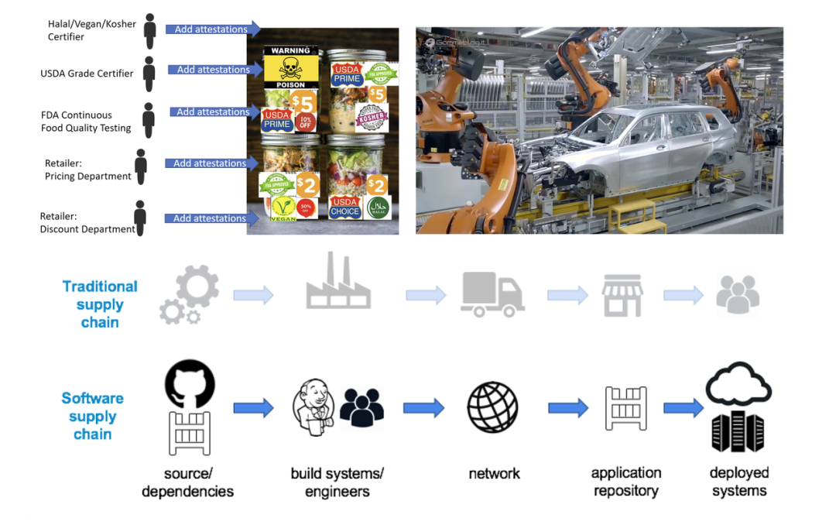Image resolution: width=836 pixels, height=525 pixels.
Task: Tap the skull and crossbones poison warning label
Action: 290,70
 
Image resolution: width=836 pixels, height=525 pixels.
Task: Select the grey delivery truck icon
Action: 492,294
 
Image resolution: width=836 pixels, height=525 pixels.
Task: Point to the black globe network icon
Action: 492,407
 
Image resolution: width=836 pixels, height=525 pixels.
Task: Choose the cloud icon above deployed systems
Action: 738,383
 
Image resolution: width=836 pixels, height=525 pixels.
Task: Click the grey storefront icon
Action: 622,295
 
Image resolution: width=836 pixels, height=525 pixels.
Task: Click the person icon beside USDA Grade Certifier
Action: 149,74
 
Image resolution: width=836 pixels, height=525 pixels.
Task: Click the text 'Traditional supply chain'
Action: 100,304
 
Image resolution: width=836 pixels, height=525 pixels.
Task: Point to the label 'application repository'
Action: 625,482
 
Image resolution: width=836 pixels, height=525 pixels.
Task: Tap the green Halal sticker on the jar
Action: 379,208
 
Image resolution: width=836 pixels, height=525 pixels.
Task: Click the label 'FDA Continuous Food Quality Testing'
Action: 86,122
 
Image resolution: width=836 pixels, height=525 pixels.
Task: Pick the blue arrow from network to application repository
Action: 568,407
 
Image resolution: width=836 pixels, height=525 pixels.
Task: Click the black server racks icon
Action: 738,431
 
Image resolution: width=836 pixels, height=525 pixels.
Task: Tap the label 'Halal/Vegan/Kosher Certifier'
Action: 91,30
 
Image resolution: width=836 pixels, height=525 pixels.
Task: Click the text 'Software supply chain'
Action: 93,416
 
